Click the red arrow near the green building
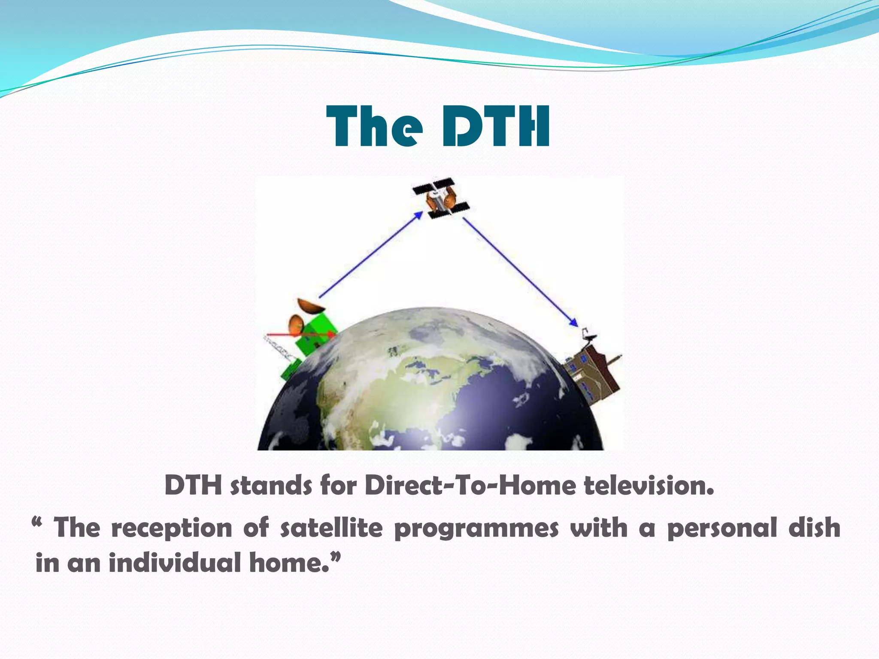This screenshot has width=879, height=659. pyautogui.click(x=300, y=334)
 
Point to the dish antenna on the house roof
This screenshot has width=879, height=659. pyautogui.click(x=589, y=337)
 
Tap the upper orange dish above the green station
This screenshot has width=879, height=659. pyautogui.click(x=310, y=306)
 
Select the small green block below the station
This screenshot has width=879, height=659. pyautogui.click(x=291, y=370)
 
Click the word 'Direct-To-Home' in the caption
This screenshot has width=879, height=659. pyautogui.click(x=470, y=486)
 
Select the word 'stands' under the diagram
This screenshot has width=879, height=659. pyautogui.click(x=270, y=486)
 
